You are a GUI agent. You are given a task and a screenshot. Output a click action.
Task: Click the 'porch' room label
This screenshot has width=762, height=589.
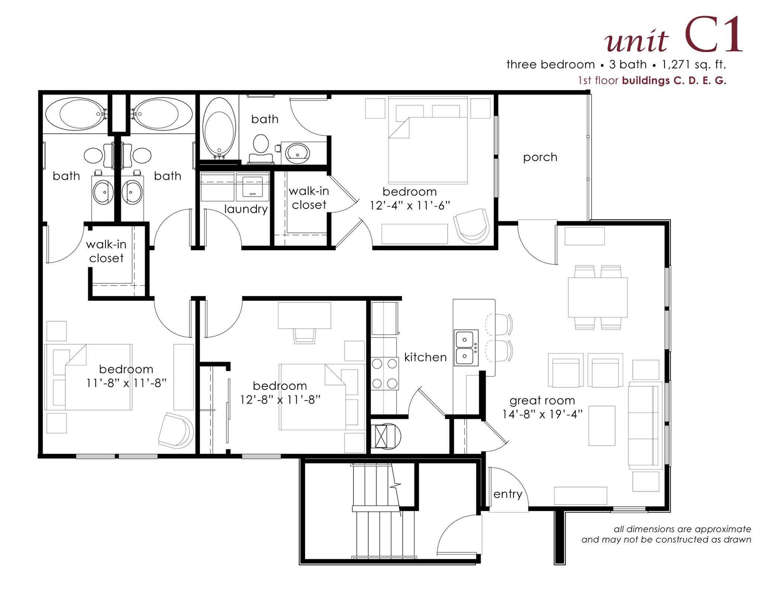(540, 157)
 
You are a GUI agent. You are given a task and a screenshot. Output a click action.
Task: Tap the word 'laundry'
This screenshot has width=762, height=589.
(246, 209)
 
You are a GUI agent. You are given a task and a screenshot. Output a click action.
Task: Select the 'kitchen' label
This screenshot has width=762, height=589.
(425, 357)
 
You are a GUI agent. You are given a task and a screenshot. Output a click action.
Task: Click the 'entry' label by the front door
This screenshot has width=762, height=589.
(508, 494)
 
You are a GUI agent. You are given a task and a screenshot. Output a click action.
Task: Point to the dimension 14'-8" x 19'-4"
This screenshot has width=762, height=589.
(542, 414)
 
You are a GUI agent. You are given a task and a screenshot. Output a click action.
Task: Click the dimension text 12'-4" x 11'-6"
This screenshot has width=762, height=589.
(410, 206)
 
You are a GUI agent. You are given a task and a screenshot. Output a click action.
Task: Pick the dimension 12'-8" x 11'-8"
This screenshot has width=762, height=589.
(280, 399)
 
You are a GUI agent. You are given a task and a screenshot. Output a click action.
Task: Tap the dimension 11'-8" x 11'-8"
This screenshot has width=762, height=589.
(126, 383)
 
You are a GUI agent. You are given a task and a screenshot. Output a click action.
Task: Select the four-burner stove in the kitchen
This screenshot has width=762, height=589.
(384, 373)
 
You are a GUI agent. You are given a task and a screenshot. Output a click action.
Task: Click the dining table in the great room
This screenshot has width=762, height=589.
(598, 297)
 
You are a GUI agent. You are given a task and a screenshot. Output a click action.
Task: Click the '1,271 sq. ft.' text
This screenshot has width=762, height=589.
(694, 65)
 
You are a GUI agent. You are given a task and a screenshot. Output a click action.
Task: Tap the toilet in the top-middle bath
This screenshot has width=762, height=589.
(261, 149)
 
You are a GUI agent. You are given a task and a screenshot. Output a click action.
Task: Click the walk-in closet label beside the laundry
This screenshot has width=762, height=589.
(309, 198)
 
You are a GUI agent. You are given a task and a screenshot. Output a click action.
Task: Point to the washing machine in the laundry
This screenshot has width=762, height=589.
(253, 186)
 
